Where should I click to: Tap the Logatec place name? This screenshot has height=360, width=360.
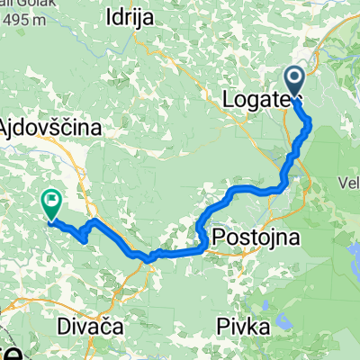coord(262,95)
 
